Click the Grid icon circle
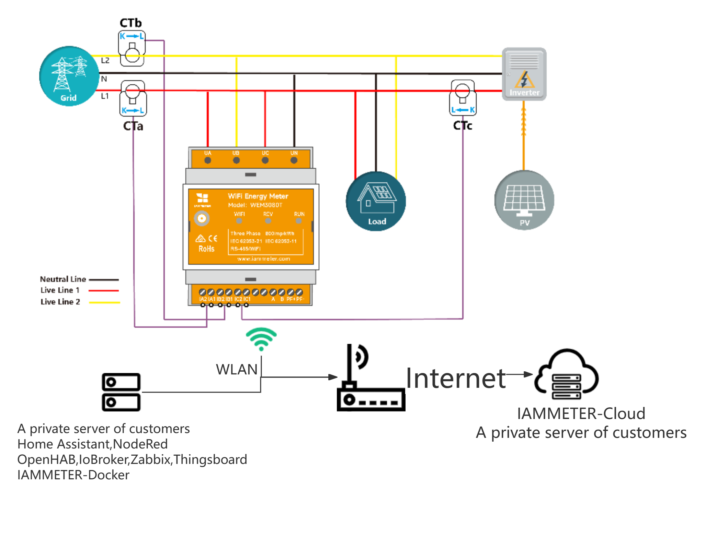click(x=70, y=77)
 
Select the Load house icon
click(x=377, y=202)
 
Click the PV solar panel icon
click(x=525, y=202)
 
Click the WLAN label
click(x=237, y=370)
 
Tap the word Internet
click(x=455, y=378)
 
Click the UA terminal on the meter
click(x=208, y=160)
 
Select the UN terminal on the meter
click(x=294, y=160)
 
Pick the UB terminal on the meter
click(x=236, y=160)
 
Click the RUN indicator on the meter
click(x=299, y=220)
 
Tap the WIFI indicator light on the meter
click(x=239, y=220)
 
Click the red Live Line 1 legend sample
click(x=103, y=291)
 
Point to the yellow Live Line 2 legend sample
click(x=104, y=303)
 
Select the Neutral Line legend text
click(x=63, y=279)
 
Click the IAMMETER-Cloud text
click(x=581, y=414)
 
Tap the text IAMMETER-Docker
click(x=73, y=475)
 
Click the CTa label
click(x=133, y=126)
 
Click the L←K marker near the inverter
click(x=463, y=110)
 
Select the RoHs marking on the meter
click(x=206, y=249)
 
